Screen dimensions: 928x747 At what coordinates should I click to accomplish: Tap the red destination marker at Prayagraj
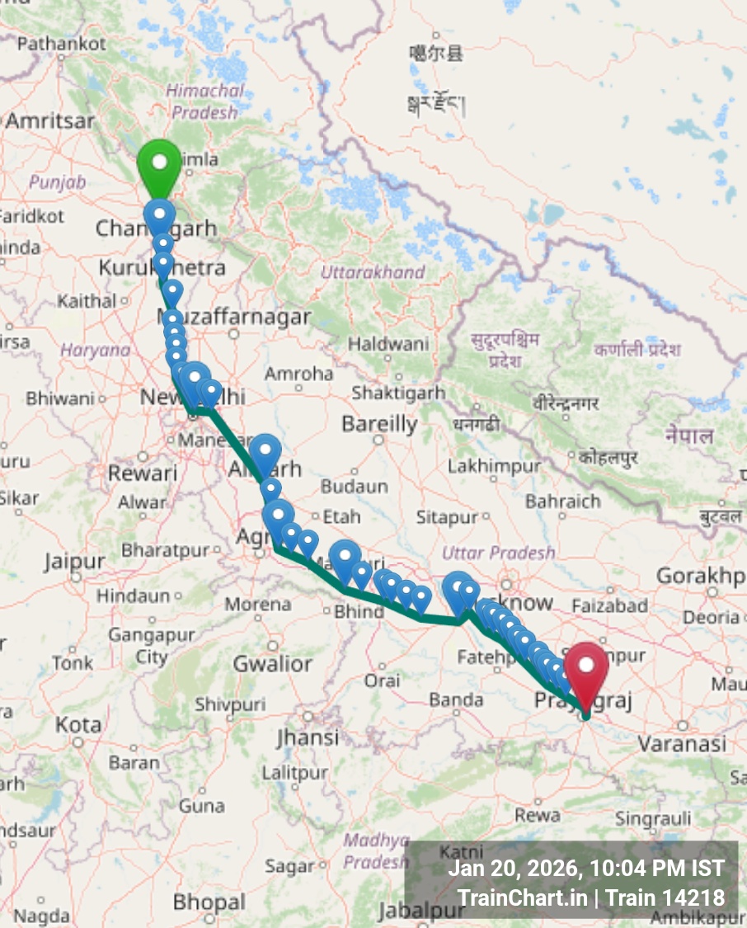pyautogui.click(x=586, y=667)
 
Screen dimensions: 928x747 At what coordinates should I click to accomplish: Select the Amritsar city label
pyautogui.click(x=50, y=120)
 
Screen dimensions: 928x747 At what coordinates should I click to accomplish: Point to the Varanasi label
pyautogui.click(x=681, y=744)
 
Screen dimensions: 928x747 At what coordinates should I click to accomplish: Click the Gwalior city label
pyautogui.click(x=272, y=663)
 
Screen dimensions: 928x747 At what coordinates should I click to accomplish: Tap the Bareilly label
pyautogui.click(x=379, y=424)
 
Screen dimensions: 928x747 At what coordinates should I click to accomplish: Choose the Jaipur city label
pyautogui.click(x=74, y=563)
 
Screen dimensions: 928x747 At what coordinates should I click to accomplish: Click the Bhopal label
pyautogui.click(x=209, y=902)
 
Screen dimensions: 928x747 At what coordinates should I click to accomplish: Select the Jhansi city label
pyautogui.click(x=308, y=737)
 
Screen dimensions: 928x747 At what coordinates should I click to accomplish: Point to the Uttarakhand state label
pyautogui.click(x=373, y=272)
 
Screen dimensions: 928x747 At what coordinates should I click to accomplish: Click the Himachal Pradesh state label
pyautogui.click(x=204, y=101)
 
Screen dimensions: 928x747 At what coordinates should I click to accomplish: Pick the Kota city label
pyautogui.click(x=78, y=725)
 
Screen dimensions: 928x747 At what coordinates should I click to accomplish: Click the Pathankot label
pyautogui.click(x=61, y=43)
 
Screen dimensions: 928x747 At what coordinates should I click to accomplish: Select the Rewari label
pyautogui.click(x=143, y=473)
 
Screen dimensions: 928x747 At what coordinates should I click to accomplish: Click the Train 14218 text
pyautogui.click(x=665, y=897)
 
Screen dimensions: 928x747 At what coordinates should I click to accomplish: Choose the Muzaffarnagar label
pyautogui.click(x=234, y=317)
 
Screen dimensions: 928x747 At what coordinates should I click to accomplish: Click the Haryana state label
pyautogui.click(x=95, y=350)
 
